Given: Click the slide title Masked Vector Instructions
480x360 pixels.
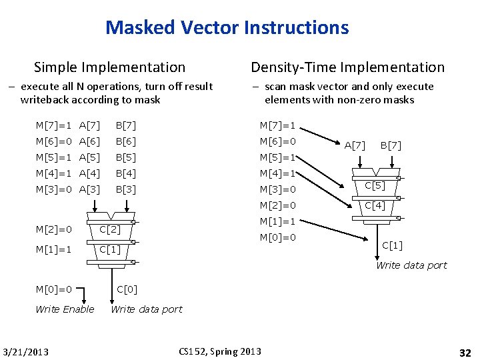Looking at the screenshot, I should coord(227,28).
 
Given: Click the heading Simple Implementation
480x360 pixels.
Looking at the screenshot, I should coord(109,67).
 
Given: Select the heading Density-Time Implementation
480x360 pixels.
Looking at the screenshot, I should coord(347,67).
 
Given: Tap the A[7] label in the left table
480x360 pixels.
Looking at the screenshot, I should coord(89,125).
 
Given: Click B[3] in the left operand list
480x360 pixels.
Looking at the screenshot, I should coord(125,189).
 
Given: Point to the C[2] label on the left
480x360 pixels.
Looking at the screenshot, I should coord(109,230).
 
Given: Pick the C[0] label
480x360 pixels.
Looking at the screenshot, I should coord(127,289).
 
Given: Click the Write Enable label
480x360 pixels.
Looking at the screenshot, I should coord(65,309).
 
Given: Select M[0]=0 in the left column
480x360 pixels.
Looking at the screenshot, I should coord(54,289).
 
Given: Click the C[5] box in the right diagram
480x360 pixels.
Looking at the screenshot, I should coord(375,185).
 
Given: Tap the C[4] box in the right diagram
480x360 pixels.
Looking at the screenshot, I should coord(375,205).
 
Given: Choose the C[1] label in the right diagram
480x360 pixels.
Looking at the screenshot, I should coord(392,245).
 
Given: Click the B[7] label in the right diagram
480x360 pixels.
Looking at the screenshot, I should coord(391,145).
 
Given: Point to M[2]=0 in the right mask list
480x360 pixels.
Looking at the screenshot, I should coord(277,205).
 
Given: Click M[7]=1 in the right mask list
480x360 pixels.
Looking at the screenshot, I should coord(277,125).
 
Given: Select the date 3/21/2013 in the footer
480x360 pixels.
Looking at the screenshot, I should coord(26,351).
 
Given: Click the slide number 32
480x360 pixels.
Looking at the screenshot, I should coord(465,351).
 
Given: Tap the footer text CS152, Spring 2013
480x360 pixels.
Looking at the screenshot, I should coord(221,351).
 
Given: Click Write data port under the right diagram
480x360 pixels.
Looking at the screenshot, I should coord(411,265).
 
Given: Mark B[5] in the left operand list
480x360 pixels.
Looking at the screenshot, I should coord(125,157).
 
